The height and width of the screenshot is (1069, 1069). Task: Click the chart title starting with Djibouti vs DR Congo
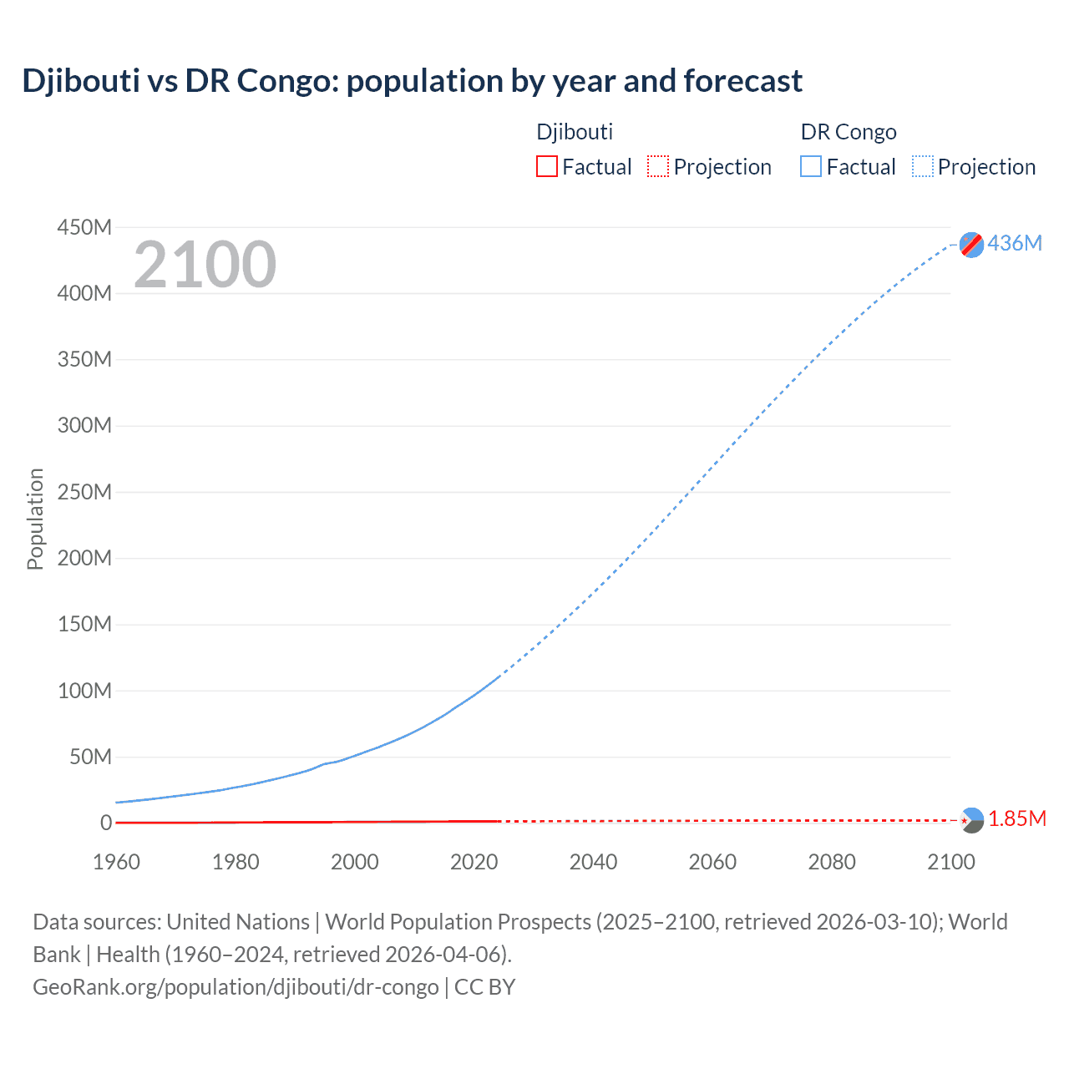point(412,81)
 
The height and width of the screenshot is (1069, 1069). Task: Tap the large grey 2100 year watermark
point(205,265)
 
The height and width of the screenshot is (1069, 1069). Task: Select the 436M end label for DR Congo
point(1015,243)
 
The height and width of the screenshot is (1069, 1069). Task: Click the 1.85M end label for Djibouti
point(1016,819)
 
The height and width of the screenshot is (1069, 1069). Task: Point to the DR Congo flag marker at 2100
point(971,245)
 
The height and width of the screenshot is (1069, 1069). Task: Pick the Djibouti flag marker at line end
point(971,820)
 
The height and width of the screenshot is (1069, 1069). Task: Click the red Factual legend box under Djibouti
point(546,167)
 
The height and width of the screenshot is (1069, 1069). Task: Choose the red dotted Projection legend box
point(658,167)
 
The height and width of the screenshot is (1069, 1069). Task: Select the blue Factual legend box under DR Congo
point(810,167)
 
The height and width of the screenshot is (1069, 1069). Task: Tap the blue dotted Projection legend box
point(923,167)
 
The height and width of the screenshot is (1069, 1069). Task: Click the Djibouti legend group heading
point(575,132)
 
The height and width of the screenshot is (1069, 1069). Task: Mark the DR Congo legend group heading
point(849,132)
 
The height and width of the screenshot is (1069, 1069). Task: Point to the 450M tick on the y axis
point(84,227)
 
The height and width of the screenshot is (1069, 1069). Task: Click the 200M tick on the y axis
point(84,558)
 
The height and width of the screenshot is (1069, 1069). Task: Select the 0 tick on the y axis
point(106,823)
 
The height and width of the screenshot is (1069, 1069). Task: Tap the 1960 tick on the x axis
point(116,862)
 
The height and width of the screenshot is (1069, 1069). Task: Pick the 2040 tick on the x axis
point(593,862)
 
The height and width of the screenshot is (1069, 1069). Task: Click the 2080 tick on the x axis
point(832,862)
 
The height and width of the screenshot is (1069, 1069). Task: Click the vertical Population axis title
point(35,519)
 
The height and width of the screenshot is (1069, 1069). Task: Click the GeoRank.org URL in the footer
point(236,987)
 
